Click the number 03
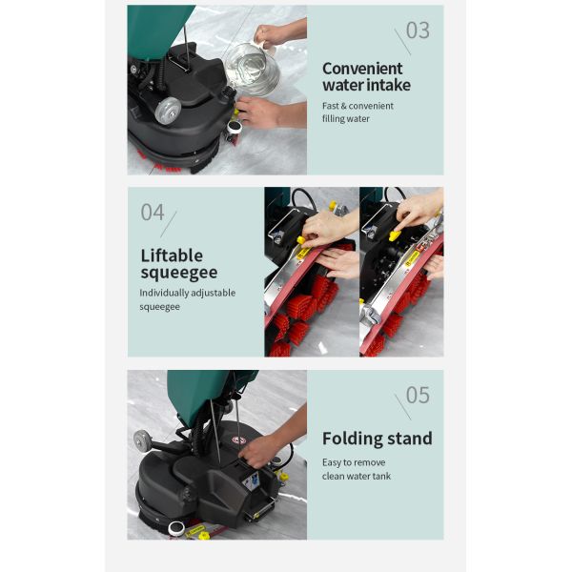point(418,31)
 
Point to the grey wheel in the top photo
point(169,110)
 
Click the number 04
point(153,213)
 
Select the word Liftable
point(172,255)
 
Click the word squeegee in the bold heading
point(179,274)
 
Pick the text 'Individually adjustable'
point(187,293)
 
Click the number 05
point(418,395)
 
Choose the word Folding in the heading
point(352,439)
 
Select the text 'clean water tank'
point(357,476)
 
